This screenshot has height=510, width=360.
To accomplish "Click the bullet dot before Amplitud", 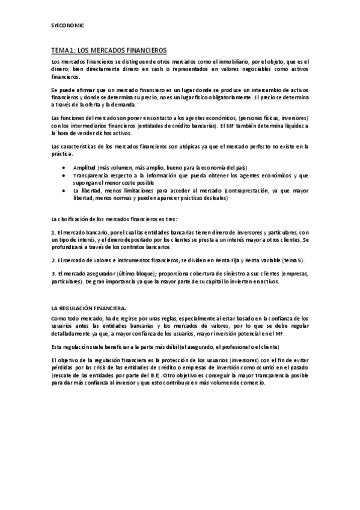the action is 64,167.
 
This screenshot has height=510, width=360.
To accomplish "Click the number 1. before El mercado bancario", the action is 53,232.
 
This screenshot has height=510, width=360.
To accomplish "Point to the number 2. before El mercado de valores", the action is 53,260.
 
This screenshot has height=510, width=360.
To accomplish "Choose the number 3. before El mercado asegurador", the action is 53,274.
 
